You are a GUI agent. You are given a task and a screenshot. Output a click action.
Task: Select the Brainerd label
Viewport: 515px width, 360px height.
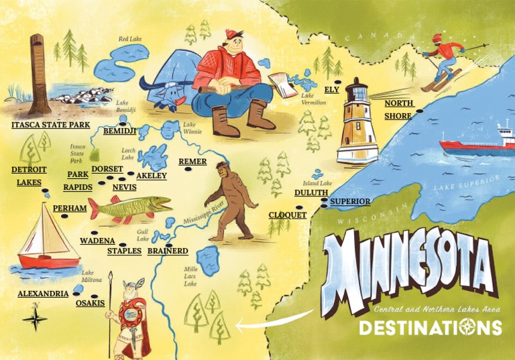tap(167, 251)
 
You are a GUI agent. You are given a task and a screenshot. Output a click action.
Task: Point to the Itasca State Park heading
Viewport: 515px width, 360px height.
tap(51, 125)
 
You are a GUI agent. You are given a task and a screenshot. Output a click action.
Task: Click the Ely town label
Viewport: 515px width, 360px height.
tap(331, 89)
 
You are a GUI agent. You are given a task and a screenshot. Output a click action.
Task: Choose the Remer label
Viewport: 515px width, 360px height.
tap(192, 162)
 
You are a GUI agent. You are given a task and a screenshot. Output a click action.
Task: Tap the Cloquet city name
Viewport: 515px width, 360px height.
tap(287, 215)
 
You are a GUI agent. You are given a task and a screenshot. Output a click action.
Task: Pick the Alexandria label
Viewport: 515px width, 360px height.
tap(43, 294)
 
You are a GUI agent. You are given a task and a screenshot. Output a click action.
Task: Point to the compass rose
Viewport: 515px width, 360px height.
tap(35, 318)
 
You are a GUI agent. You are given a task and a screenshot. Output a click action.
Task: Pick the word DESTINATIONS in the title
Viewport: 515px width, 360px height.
tap(430, 327)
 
